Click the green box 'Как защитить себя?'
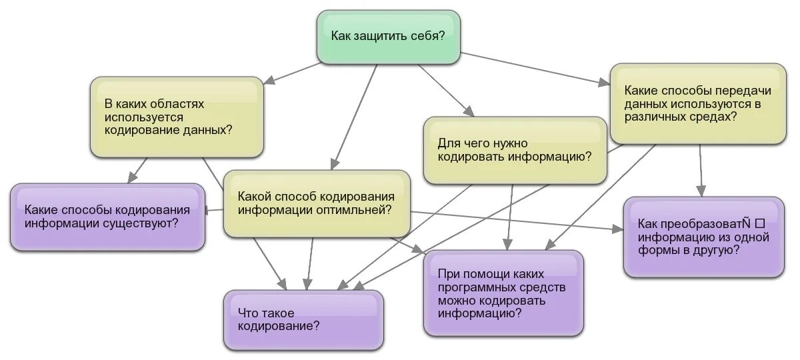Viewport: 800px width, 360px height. (x=388, y=37)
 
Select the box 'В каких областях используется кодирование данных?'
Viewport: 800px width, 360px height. (x=177, y=117)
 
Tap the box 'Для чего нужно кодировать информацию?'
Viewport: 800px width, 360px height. (x=515, y=151)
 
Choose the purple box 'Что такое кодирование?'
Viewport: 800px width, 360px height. (x=303, y=320)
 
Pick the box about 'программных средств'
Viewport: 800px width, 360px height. (x=503, y=293)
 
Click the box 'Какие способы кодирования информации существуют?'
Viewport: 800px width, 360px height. (x=107, y=217)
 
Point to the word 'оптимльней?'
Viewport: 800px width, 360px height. (x=359, y=210)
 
